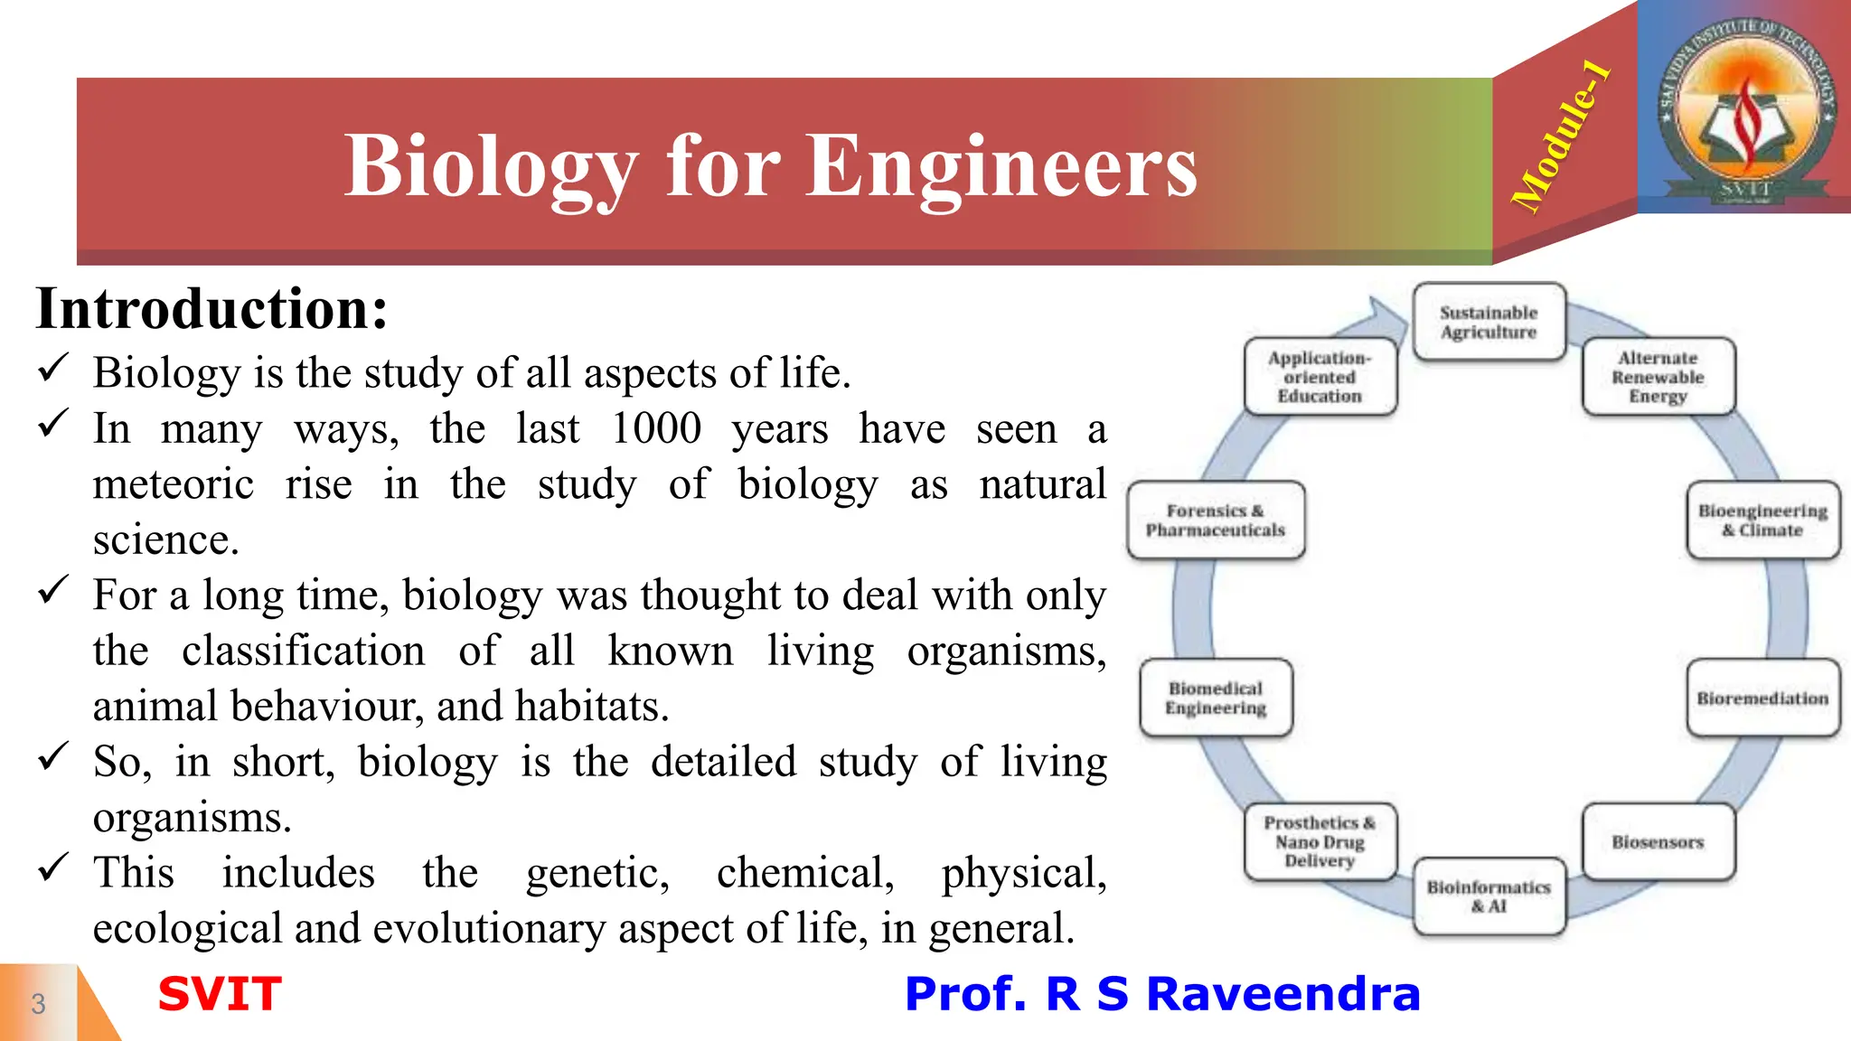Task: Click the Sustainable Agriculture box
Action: pyautogui.click(x=1489, y=323)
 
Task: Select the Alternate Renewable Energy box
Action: pyautogui.click(x=1658, y=377)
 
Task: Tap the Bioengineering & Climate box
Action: pyautogui.click(x=1762, y=520)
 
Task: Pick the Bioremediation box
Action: pyautogui.click(x=1762, y=698)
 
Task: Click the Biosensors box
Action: pyautogui.click(x=1658, y=841)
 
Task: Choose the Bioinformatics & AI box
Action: pyautogui.click(x=1489, y=896)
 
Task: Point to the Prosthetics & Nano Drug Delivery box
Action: pyautogui.click(x=1320, y=841)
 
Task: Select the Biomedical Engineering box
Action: pyautogui.click(x=1216, y=698)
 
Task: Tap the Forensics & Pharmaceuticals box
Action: pyautogui.click(x=1216, y=520)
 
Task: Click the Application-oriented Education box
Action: pyautogui.click(x=1320, y=377)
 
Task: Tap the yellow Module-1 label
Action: pyautogui.click(x=1561, y=136)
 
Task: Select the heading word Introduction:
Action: pyautogui.click(x=212, y=309)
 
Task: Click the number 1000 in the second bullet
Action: pyautogui.click(x=656, y=428)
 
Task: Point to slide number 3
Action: pyautogui.click(x=38, y=1003)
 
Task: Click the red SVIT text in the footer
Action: pyautogui.click(x=220, y=994)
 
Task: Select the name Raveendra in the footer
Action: pyautogui.click(x=1283, y=994)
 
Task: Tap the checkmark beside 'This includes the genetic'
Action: pyautogui.click(x=53, y=868)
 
